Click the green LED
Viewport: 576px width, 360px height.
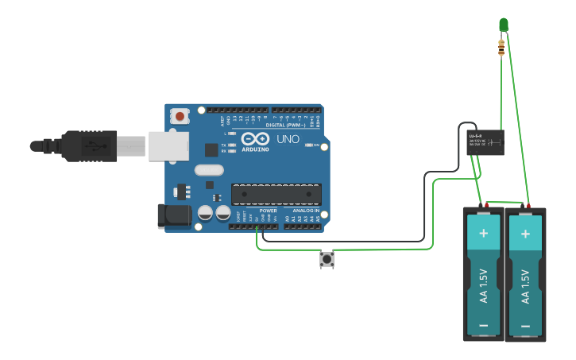coord(503,25)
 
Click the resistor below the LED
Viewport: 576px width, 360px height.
coord(501,48)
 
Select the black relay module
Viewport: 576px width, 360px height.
coord(485,143)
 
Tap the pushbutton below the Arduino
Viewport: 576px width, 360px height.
coord(326,259)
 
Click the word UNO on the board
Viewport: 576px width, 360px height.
coord(288,139)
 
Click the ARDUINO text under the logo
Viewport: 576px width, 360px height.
coord(255,149)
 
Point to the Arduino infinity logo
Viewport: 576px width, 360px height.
coord(255,138)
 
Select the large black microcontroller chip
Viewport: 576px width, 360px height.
coord(276,194)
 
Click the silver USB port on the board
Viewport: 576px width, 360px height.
coord(169,145)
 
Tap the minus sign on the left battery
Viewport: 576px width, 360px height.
coord(483,325)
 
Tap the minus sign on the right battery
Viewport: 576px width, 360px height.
coord(525,325)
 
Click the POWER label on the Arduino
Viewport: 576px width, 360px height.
coord(268,211)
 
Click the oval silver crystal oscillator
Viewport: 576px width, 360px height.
coord(209,169)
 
